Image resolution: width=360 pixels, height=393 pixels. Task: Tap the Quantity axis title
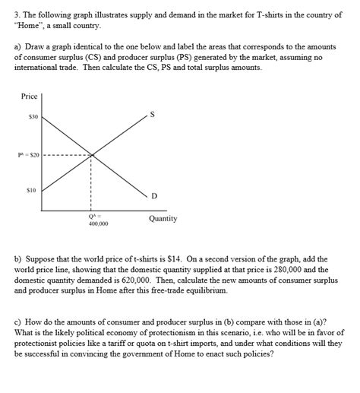[163, 218]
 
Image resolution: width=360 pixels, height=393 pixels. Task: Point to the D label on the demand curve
[153, 197]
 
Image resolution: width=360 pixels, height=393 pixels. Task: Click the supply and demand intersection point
[93, 155]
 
